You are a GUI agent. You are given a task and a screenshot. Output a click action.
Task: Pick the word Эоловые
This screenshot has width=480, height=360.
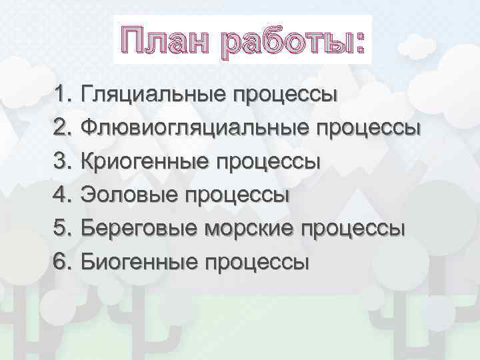coord(129,195)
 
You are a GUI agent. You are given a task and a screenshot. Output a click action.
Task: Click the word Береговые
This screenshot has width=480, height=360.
coord(139,229)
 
